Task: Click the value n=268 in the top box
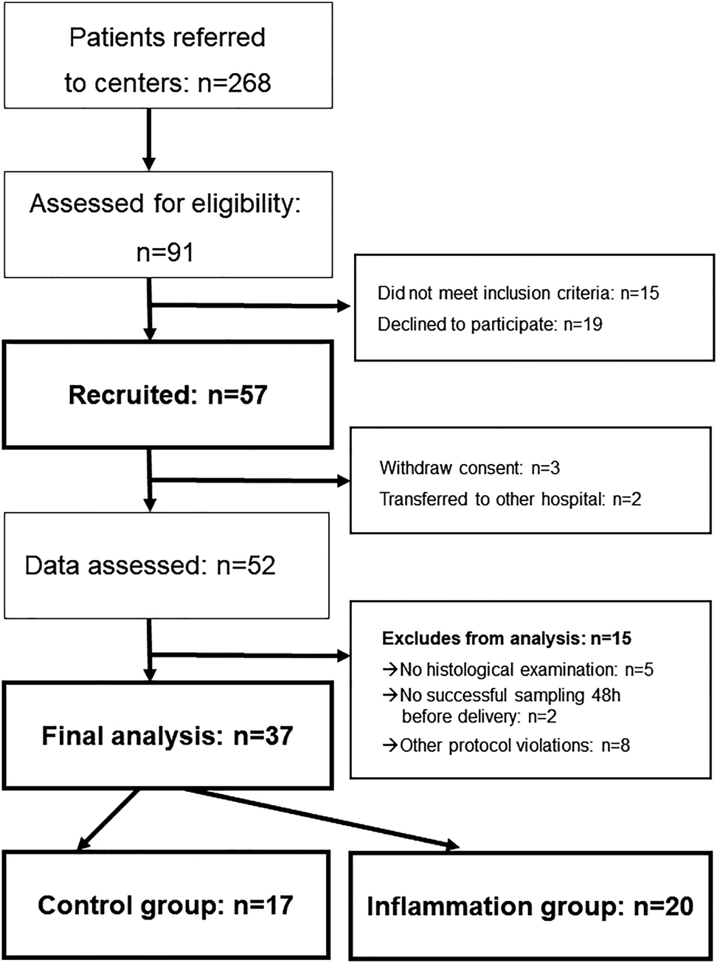point(235,83)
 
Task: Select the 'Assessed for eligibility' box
point(167,225)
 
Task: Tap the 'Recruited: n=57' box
point(167,395)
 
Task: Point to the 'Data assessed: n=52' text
point(150,565)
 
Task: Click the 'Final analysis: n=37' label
point(167,736)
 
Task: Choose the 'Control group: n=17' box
point(165,905)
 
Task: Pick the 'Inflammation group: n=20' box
point(530,907)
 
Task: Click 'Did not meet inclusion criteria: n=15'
point(518,293)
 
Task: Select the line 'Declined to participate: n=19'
point(490,324)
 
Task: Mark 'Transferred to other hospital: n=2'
point(510,499)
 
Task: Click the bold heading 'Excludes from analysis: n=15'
point(506,638)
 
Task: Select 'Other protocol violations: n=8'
point(514,745)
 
